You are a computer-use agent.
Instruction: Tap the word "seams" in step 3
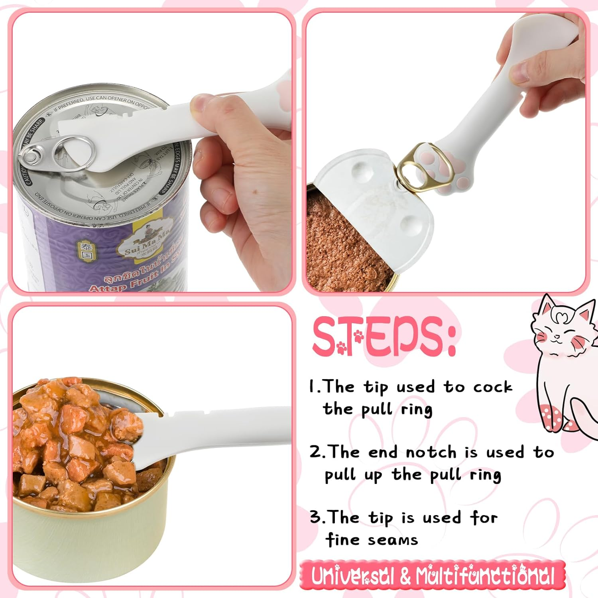point(393,540)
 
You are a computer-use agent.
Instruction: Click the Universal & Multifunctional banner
point(433,575)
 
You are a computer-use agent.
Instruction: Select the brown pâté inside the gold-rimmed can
point(343,247)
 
